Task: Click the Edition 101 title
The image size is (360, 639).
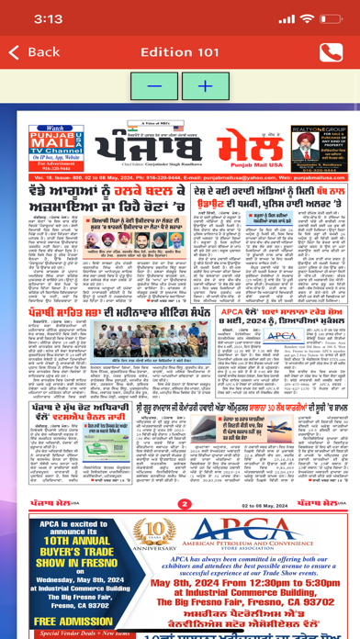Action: pos(179,52)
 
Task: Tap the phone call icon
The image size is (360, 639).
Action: pos(327,53)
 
